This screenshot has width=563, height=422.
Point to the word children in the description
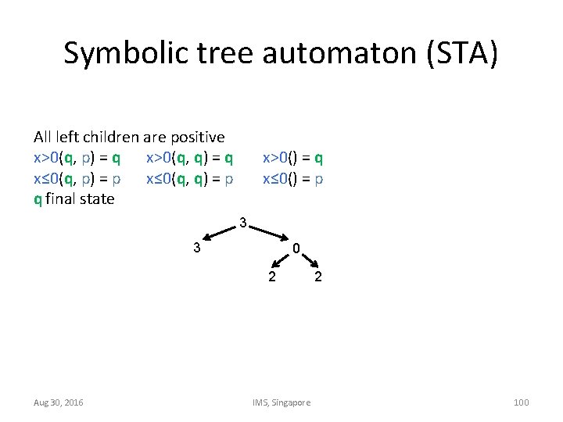107,138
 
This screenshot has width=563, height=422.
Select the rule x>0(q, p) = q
77,158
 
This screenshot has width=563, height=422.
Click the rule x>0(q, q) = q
189,158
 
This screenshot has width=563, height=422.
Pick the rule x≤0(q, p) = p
77,178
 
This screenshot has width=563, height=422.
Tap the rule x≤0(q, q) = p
189,178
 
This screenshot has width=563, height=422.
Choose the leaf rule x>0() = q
293,158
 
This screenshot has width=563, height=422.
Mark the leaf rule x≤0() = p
293,178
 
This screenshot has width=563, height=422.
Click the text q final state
74,198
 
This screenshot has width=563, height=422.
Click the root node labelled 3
243,224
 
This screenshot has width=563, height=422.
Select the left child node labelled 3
198,249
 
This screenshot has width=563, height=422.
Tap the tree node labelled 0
296,249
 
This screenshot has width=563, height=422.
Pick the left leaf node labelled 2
271,276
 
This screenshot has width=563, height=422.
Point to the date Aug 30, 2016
59,402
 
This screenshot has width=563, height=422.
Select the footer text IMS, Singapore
281,402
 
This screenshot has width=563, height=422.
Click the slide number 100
521,402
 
